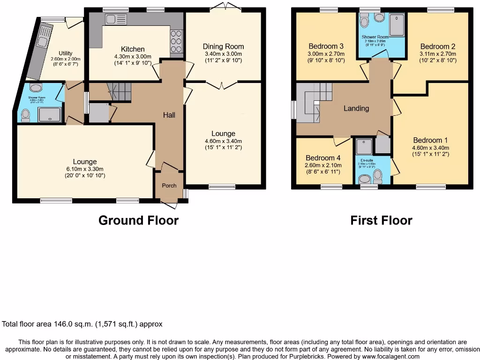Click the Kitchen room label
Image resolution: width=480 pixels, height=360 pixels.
(x=133, y=49)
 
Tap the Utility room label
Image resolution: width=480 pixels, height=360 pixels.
(x=66, y=53)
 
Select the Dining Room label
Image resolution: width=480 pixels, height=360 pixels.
(x=223, y=46)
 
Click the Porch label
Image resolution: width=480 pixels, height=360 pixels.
(x=169, y=186)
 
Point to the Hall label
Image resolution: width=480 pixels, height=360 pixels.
(x=169, y=115)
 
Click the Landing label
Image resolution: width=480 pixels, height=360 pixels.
(x=356, y=108)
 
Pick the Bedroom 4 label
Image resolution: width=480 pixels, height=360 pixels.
(x=323, y=158)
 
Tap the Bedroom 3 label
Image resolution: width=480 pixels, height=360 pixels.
(x=326, y=46)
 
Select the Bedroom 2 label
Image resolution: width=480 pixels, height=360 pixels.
(x=438, y=46)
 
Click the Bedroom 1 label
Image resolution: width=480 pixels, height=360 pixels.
(x=430, y=140)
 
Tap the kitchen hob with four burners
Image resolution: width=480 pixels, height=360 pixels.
(x=177, y=41)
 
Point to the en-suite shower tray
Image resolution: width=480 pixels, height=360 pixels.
(x=363, y=147)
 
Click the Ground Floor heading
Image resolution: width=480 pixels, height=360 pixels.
(x=138, y=220)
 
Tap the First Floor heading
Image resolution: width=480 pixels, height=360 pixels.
(x=381, y=220)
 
